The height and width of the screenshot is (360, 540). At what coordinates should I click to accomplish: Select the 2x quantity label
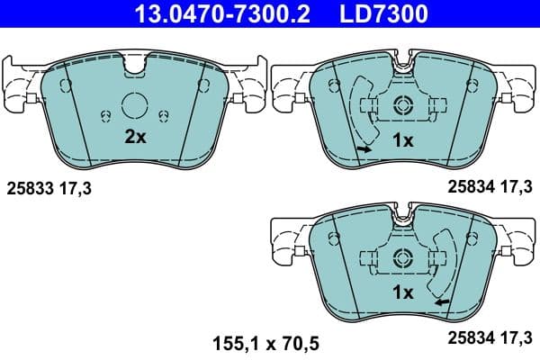click(135, 137)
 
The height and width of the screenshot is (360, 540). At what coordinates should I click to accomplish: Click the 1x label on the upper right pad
click(402, 140)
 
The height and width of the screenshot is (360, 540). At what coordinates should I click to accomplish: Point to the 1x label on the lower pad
click(402, 292)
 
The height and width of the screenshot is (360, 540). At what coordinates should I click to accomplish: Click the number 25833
click(29, 189)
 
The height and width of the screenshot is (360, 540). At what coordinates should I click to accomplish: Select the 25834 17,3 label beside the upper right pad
click(491, 186)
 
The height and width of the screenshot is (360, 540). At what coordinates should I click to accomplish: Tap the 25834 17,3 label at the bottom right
click(491, 339)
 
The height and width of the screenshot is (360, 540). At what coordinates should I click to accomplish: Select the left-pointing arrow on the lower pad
click(441, 302)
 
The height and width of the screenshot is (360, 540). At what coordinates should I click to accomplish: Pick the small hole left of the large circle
click(105, 113)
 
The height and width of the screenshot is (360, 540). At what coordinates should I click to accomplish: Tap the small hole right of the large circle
click(164, 113)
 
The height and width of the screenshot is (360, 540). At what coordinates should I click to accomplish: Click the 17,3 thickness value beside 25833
click(76, 189)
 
